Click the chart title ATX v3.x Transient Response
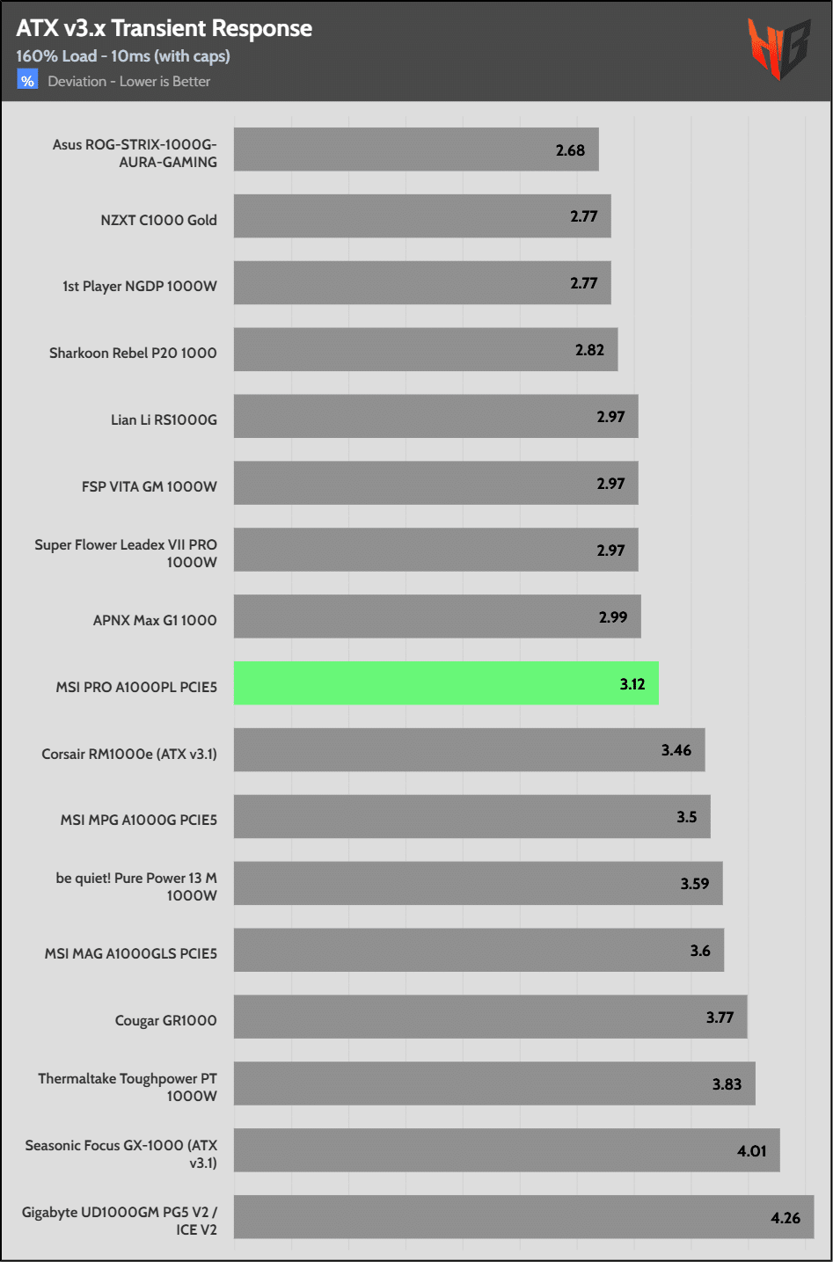(164, 28)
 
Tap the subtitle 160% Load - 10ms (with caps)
(123, 56)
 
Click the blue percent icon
(27, 81)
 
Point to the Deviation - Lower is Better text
(129, 82)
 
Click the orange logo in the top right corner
(778, 48)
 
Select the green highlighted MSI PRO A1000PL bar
(446, 683)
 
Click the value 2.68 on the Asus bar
(570, 150)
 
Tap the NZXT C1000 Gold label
(158, 220)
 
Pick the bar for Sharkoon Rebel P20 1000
(425, 350)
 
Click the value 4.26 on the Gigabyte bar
(786, 1218)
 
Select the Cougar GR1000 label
(165, 1020)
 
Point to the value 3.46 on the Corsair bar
(676, 750)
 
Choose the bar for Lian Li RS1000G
(435, 417)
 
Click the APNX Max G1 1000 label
(155, 620)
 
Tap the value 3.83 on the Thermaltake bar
(727, 1084)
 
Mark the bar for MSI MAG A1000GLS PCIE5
(479, 951)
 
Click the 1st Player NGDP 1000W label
(140, 287)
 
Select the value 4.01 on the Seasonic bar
(752, 1151)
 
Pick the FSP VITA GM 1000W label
(150, 486)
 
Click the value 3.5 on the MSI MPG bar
(687, 817)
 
